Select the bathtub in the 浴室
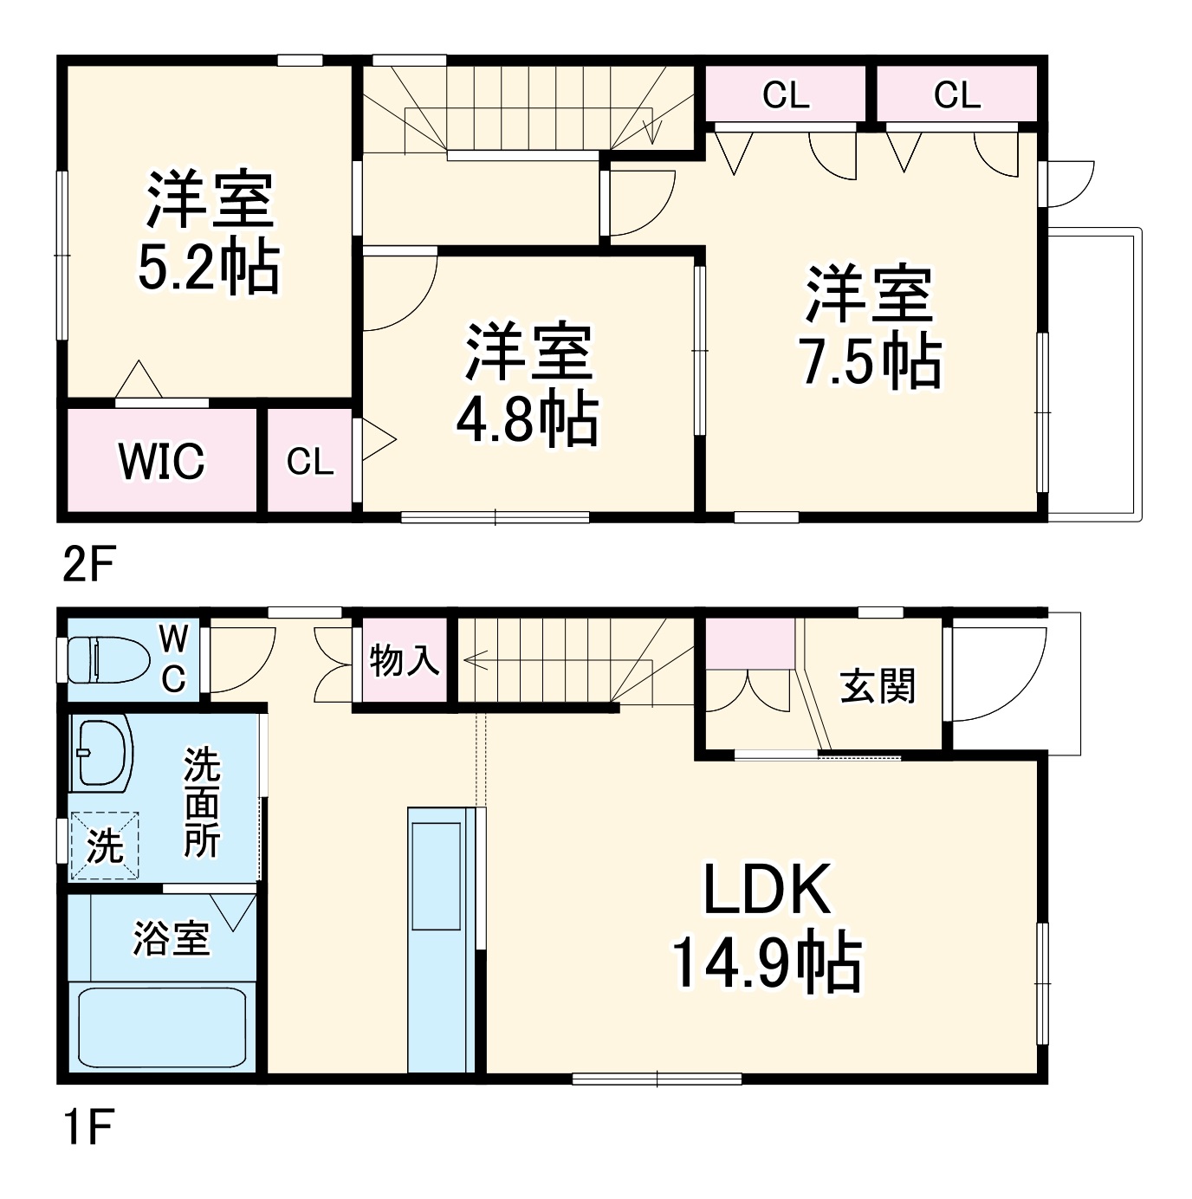coord(163,1028)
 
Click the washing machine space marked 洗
coord(105,845)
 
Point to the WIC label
coord(162,462)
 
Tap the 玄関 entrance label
coord(878,687)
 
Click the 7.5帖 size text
coord(870,360)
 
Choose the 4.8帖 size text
coord(528,419)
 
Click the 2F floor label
coord(87,566)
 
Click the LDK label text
coord(767,890)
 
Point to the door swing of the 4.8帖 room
coord(398,290)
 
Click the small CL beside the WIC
coord(310,462)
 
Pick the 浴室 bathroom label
coord(171,938)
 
